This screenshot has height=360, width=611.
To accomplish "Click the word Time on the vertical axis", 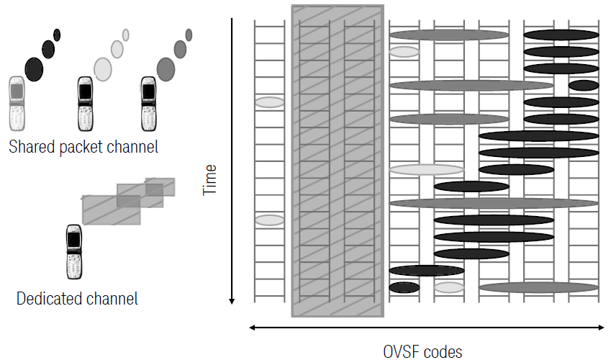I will coord(210,180).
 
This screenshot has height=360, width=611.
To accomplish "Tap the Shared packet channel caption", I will coord(83,147).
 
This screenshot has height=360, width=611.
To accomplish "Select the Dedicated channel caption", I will coord(77,297).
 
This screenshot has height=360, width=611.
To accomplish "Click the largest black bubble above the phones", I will coord(34,69).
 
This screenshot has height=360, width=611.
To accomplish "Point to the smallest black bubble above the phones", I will coord(57,35).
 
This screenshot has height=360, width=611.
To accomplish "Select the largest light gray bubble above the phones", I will coord(103,69).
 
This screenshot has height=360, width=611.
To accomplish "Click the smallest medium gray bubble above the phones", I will coord(189,35).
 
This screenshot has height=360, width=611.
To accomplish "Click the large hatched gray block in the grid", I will coord(337,161).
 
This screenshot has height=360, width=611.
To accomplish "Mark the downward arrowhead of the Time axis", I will coord(232,300).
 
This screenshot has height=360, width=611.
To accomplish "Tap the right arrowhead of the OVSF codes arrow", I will coord(601,328).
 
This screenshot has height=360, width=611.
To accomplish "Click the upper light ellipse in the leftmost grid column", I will coord(269,102).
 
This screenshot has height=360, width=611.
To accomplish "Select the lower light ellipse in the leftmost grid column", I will coord(269,220).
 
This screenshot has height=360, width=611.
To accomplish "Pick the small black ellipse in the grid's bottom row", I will coord(404,287).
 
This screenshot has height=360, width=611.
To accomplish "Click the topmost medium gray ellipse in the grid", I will coord(448,35).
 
